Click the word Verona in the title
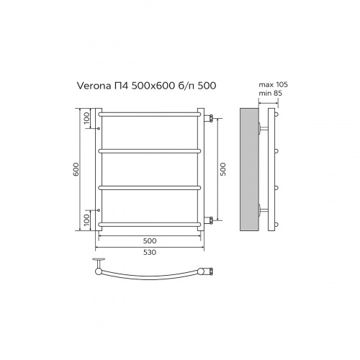point(91,84)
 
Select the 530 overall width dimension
point(148,252)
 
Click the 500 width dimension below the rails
point(148,240)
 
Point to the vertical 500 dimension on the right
point(222,170)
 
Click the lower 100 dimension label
point(87,219)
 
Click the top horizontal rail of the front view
point(148,114)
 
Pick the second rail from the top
point(148,150)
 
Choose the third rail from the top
point(148,187)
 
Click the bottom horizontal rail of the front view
point(148,224)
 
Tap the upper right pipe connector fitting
point(210,117)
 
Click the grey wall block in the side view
point(249,171)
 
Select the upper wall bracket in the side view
point(262,129)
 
